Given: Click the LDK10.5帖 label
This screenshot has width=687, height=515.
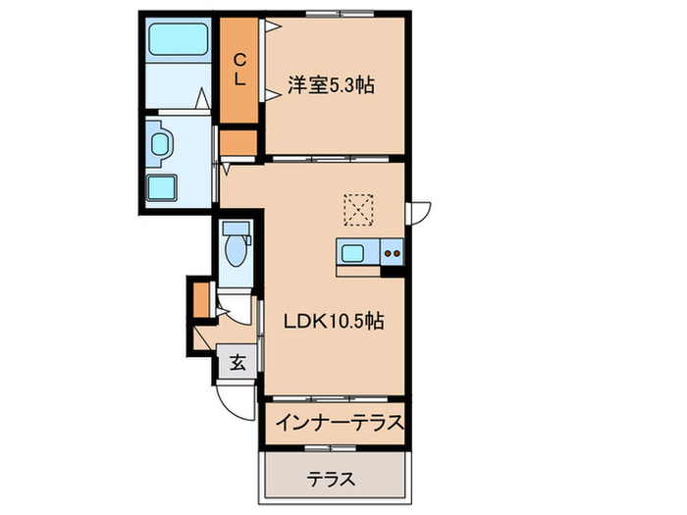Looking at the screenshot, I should pyautogui.click(x=334, y=321).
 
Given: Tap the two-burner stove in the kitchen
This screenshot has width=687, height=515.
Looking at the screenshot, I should pyautogui.click(x=392, y=252).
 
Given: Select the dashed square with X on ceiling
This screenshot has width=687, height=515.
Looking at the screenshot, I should pyautogui.click(x=358, y=209).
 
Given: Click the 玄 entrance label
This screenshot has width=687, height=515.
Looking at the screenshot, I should pyautogui.click(x=238, y=361).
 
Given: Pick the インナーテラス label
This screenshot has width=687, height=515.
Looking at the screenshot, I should pyautogui.click(x=339, y=424).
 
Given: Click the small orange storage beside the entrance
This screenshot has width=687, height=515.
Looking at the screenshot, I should pyautogui.click(x=200, y=300).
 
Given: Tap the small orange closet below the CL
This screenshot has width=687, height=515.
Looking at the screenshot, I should pyautogui.click(x=238, y=142).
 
